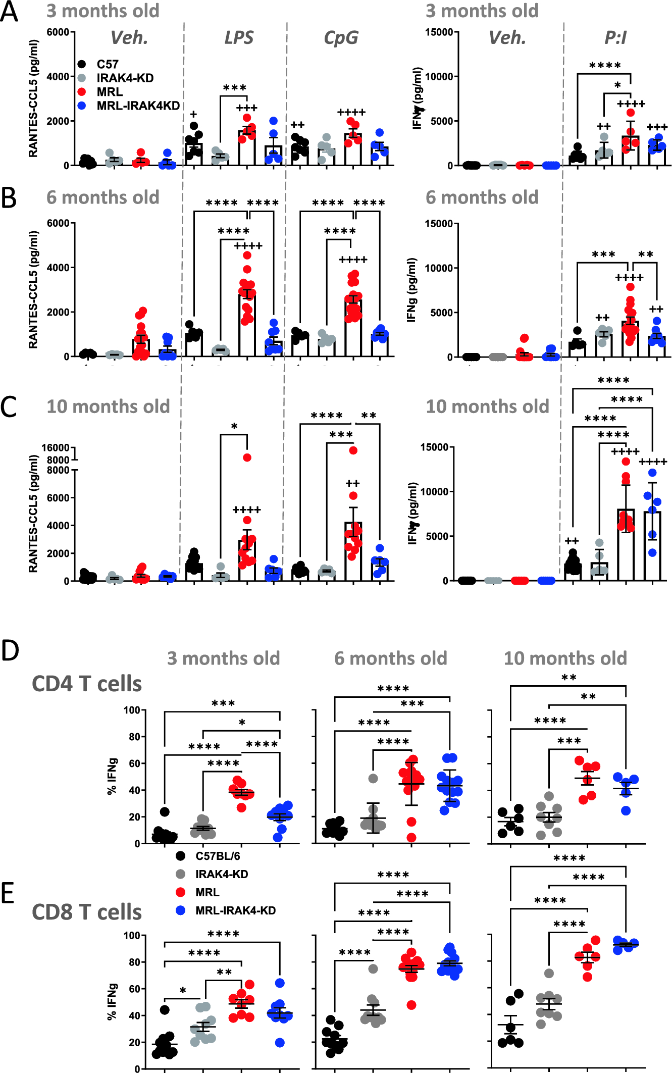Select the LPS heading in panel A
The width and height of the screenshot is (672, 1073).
pyautogui.click(x=239, y=38)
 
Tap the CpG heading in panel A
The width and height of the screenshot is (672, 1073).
pyautogui.click(x=341, y=38)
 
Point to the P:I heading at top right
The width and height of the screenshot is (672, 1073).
pyautogui.click(x=615, y=38)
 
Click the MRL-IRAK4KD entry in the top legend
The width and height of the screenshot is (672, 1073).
pyautogui.click(x=138, y=106)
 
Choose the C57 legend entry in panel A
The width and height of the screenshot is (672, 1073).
pyautogui.click(x=107, y=64)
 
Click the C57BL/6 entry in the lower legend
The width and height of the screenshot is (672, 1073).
pyautogui.click(x=218, y=856)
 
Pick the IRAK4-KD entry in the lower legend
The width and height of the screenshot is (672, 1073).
pyautogui.click(x=221, y=874)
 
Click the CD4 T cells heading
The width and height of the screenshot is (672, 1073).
pyautogui.click(x=87, y=684)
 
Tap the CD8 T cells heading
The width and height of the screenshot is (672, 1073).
pyautogui.click(x=87, y=912)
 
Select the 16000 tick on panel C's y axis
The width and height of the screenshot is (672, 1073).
pyautogui.click(x=56, y=448)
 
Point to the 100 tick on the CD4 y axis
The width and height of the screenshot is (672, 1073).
pyautogui.click(x=132, y=710)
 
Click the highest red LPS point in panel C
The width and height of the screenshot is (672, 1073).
pyautogui.click(x=247, y=457)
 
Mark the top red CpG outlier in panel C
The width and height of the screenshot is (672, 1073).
pyautogui.click(x=353, y=450)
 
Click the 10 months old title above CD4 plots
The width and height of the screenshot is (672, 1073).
pyautogui.click(x=565, y=658)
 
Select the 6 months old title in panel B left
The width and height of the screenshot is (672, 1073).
pyautogui.click(x=103, y=197)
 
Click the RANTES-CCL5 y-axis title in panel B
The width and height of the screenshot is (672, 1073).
pyautogui.click(x=33, y=290)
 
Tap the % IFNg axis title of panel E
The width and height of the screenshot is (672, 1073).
pyautogui.click(x=112, y=1002)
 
